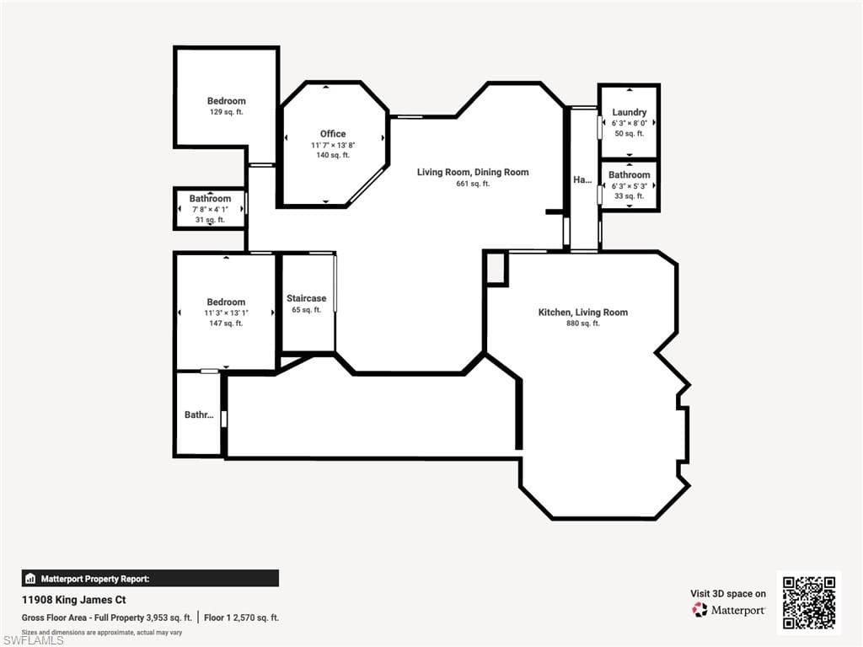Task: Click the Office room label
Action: pos(333,134)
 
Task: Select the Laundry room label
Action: pos(629,112)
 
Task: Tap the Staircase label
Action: pos(306,298)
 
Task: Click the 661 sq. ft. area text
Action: pos(473,184)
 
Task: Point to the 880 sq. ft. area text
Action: pos(583,323)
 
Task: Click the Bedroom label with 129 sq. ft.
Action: pos(227,101)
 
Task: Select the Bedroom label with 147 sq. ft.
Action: pos(226,302)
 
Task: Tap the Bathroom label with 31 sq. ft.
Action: pos(210,199)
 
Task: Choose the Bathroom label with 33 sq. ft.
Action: pos(629,175)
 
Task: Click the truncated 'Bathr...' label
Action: pos(198,414)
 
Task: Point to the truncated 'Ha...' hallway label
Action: pos(582,179)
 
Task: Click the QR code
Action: pos(808,602)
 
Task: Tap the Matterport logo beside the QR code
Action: pos(730,610)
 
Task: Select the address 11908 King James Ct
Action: pos(73,601)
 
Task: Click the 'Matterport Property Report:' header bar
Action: pos(150,579)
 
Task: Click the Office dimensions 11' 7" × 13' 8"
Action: pos(333,145)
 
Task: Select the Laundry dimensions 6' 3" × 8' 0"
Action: pos(629,123)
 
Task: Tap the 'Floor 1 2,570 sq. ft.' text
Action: pos(241,618)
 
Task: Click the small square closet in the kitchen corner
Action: pos(496,269)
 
